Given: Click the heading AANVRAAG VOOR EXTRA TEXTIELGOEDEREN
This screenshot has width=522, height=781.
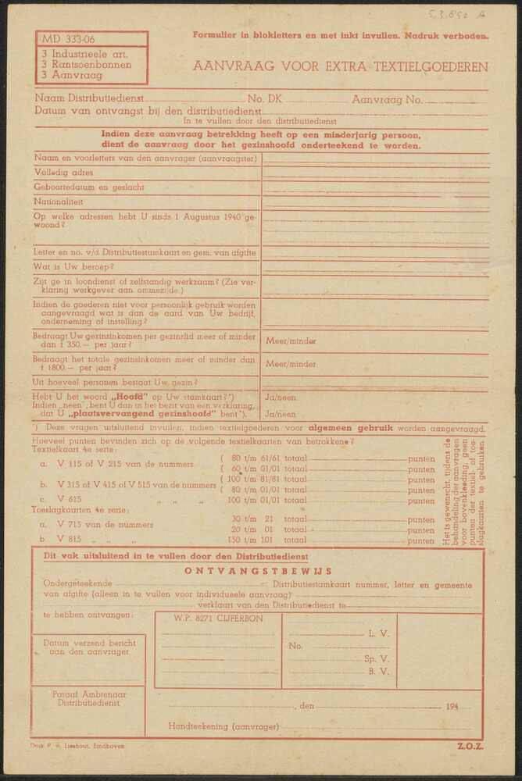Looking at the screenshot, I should tap(340, 67).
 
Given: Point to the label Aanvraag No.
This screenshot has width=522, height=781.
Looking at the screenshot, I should tap(387, 100).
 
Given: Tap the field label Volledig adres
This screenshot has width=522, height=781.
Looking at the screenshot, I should tap(63, 173).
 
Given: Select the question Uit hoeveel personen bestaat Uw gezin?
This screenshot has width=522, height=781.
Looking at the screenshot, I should tap(115, 383).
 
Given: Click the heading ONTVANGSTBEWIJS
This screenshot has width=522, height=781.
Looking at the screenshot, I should tap(259, 572).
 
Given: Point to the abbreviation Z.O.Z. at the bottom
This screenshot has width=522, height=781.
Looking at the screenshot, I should tap(470, 746).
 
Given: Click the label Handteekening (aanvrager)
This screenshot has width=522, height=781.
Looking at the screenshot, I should tap(223, 726).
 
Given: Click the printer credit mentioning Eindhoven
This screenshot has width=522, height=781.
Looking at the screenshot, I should tap(77, 747).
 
